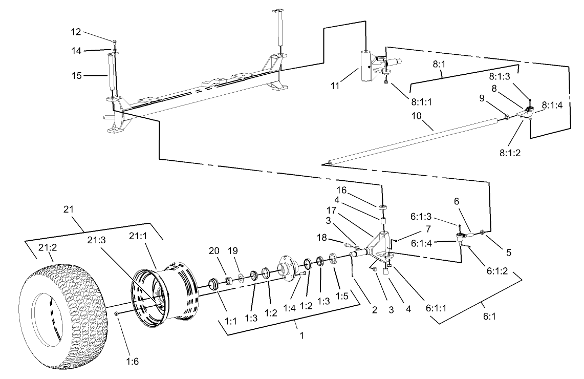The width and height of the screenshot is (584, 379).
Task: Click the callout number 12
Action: click(76, 32)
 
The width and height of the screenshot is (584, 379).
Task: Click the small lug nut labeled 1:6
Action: click(117, 312)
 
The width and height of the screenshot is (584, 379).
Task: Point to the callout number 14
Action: click(76, 50)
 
